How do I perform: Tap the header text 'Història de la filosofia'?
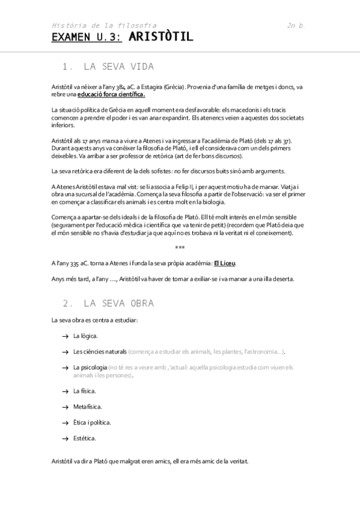(x=104, y=25)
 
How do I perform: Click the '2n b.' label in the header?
(x=296, y=25)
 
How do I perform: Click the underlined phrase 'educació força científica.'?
(x=111, y=94)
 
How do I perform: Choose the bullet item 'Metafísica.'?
(x=88, y=407)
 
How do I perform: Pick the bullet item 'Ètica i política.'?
(x=92, y=422)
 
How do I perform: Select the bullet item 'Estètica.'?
(x=85, y=438)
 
